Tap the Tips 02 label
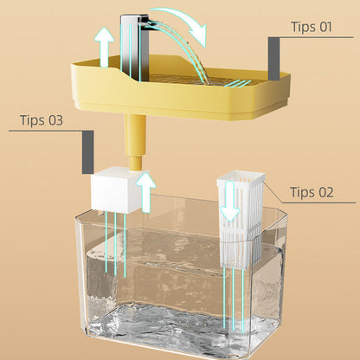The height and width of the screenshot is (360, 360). pos(312,192)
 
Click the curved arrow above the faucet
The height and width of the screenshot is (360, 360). pos(183,23)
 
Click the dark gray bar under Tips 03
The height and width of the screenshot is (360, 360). pos(87,151)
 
